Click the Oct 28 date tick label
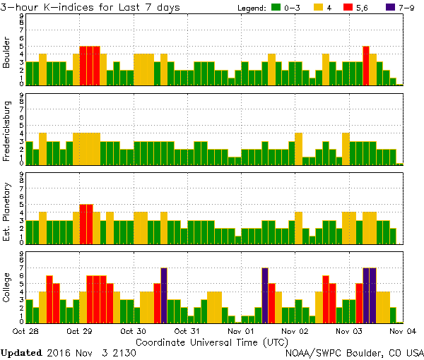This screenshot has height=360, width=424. [25, 330]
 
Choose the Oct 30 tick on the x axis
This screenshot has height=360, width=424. [134, 330]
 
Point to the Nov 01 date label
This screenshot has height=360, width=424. [241, 330]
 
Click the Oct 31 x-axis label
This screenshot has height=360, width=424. [187, 330]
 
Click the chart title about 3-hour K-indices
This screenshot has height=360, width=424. [90, 7]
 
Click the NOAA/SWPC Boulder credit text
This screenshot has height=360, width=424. [354, 352]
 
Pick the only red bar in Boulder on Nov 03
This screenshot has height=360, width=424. [366, 66]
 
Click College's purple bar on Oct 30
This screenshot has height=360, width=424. [164, 295]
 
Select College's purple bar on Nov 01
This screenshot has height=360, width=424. [265, 295]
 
